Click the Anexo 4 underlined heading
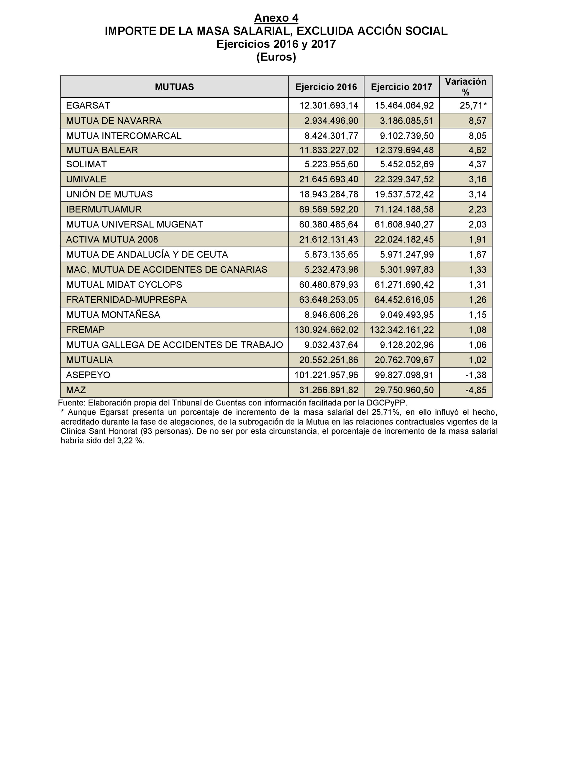pos(276,18)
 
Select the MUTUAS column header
pos(174,87)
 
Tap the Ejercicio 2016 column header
pos(326,87)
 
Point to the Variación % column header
pos(465,87)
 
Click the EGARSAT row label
pos(88,105)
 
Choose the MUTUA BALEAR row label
pos(102,150)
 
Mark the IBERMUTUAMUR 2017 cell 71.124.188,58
pos(404,209)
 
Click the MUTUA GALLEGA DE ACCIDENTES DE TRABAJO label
pos(174,345)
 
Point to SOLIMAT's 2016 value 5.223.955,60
pos(331,164)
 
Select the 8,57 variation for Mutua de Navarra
pos(478,121)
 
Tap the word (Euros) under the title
pos(276,57)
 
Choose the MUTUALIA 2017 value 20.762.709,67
pos(404,360)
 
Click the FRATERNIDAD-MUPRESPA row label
pos(126,300)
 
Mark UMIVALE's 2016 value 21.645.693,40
pos(328,179)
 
